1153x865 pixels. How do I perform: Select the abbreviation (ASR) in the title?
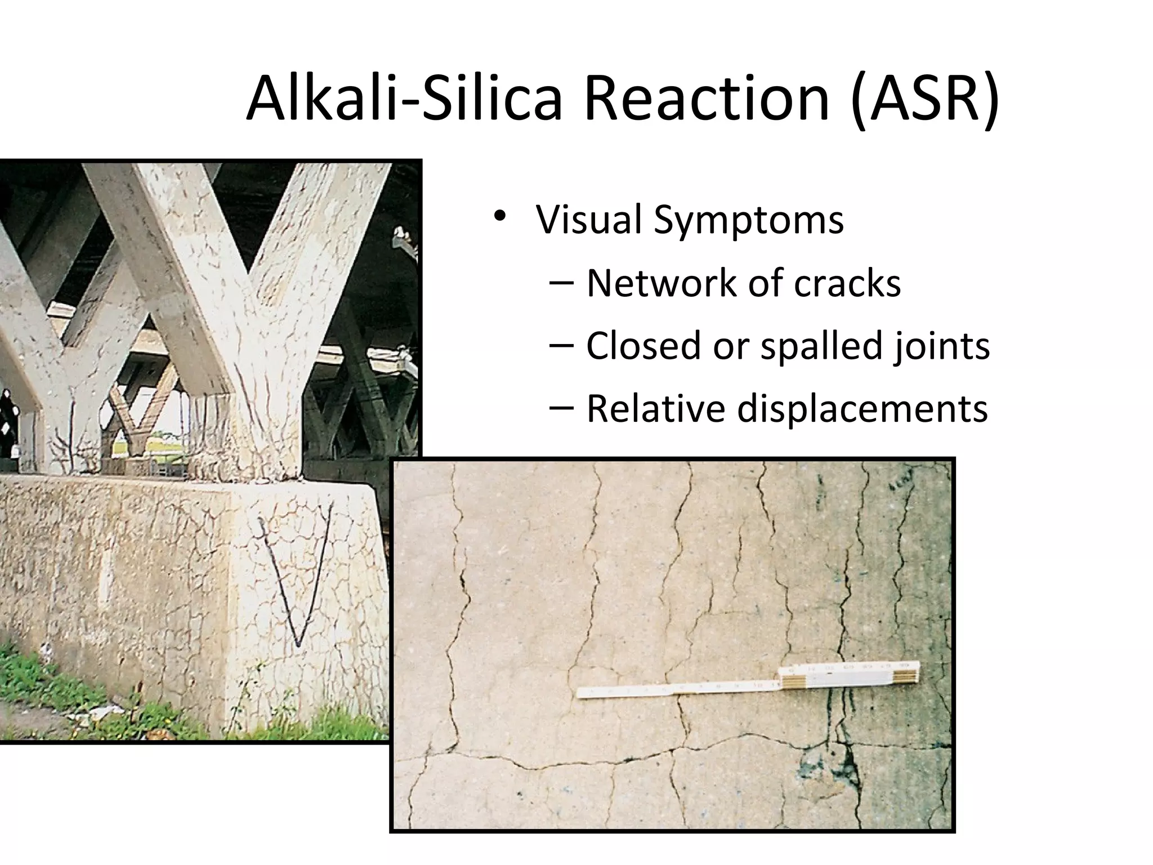pyautogui.click(x=926, y=100)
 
